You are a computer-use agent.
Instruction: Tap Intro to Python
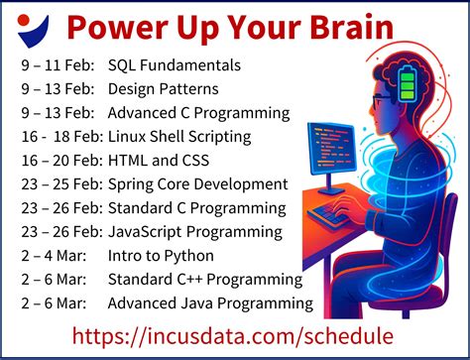(x=159, y=256)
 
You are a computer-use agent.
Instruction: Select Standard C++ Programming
(x=198, y=279)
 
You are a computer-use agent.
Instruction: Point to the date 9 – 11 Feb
(x=56, y=66)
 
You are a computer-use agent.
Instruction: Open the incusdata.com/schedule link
(x=234, y=336)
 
